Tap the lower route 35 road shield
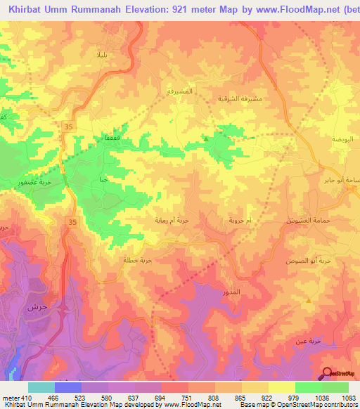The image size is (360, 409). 72,221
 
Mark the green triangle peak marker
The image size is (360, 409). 205,138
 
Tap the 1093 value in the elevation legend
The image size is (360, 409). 347,398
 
